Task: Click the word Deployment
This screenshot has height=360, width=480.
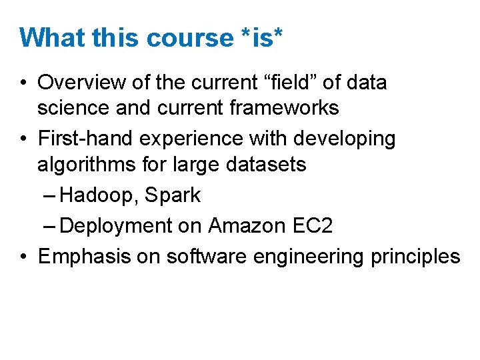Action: click(115, 226)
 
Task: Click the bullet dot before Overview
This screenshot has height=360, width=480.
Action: click(23, 83)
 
